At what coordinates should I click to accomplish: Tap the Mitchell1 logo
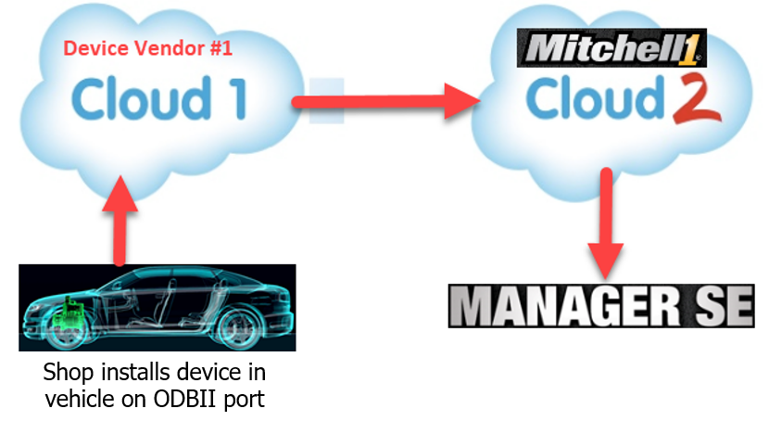click(x=611, y=47)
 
